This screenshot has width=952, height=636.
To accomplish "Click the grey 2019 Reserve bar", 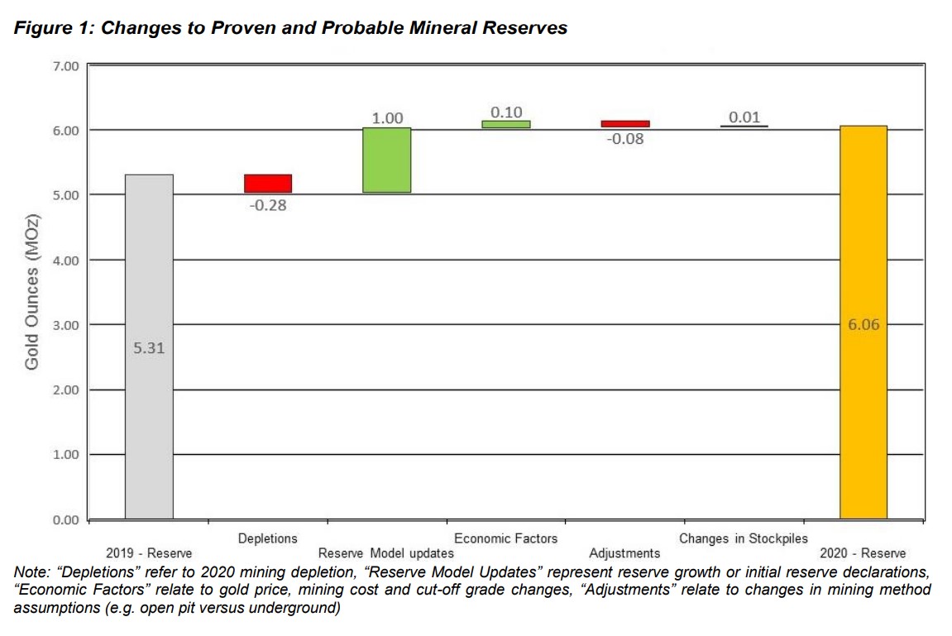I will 149,414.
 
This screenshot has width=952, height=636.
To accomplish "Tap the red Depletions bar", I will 268,184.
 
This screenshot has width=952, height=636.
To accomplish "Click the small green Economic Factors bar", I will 506,125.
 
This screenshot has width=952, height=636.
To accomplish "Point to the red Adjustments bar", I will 625,124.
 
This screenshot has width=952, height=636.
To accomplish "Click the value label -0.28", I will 268,205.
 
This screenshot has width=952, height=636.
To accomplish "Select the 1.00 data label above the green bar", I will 387,118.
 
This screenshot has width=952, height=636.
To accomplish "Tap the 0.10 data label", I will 506,112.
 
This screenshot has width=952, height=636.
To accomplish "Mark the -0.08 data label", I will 625,139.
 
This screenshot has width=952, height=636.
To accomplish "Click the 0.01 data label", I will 744,117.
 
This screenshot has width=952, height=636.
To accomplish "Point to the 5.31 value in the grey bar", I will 149,348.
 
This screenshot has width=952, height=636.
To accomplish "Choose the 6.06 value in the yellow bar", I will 863,325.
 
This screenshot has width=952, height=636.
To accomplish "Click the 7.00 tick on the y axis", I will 65,65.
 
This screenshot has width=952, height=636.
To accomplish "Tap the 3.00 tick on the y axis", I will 65,325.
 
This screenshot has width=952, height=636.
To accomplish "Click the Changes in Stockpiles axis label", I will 744,538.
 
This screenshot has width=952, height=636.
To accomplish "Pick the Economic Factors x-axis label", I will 505,538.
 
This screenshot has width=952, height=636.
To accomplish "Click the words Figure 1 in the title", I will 50,28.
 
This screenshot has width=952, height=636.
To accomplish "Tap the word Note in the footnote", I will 30,571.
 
